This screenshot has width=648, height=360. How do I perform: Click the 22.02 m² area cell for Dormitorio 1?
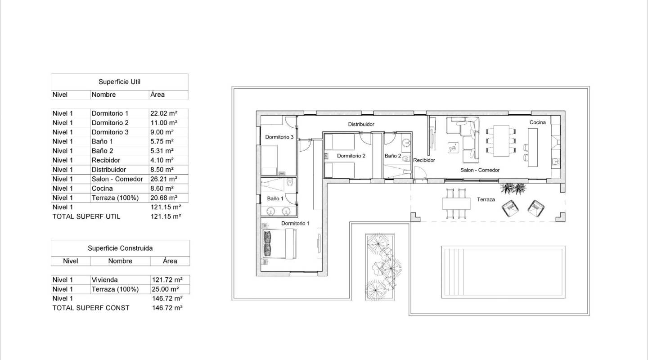(x=163, y=113)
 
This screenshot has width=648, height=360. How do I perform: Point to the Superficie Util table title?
(x=119, y=82)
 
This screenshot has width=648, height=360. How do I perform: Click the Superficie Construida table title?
(x=120, y=248)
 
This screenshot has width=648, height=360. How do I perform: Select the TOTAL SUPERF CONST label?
(x=90, y=308)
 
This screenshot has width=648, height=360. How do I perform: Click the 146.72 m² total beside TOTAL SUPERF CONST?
(x=167, y=308)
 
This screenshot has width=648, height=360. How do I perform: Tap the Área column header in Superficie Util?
(x=157, y=94)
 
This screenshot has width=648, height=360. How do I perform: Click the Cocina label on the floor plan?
(x=537, y=122)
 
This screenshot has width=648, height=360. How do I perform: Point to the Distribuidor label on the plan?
(x=361, y=124)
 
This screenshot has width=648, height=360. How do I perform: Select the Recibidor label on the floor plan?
(x=424, y=160)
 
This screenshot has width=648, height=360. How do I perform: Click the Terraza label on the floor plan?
(x=486, y=199)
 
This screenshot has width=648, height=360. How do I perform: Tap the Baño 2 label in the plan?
(x=392, y=156)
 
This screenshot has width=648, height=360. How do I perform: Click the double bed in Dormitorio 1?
(x=279, y=243)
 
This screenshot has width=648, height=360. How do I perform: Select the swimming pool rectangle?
(x=503, y=272)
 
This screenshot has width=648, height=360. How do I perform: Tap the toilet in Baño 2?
(x=406, y=158)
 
